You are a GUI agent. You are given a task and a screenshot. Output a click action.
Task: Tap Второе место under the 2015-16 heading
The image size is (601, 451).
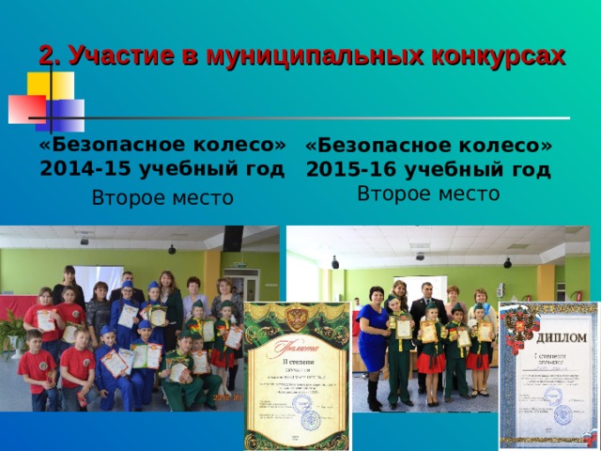pos(428,194)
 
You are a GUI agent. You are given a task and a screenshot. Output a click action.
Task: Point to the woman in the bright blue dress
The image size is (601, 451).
pos(373,338)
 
